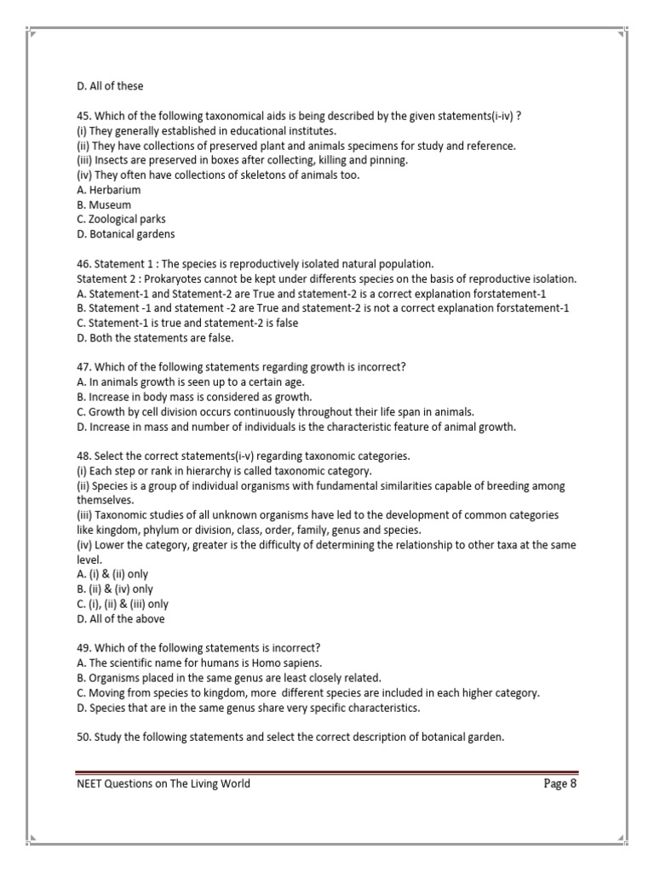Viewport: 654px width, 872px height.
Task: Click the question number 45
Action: [x=83, y=116]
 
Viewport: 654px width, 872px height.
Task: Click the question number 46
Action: [x=83, y=264]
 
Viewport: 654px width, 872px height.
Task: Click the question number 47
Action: [x=83, y=367]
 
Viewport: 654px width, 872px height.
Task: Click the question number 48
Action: [x=83, y=456]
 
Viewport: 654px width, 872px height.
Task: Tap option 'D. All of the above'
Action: [x=120, y=618]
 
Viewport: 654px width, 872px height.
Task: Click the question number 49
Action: [x=83, y=648]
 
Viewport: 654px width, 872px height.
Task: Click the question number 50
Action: [x=83, y=737]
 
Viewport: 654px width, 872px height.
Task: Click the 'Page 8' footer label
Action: [x=560, y=783]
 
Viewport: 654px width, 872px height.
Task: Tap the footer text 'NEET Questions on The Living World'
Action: [x=163, y=783]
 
